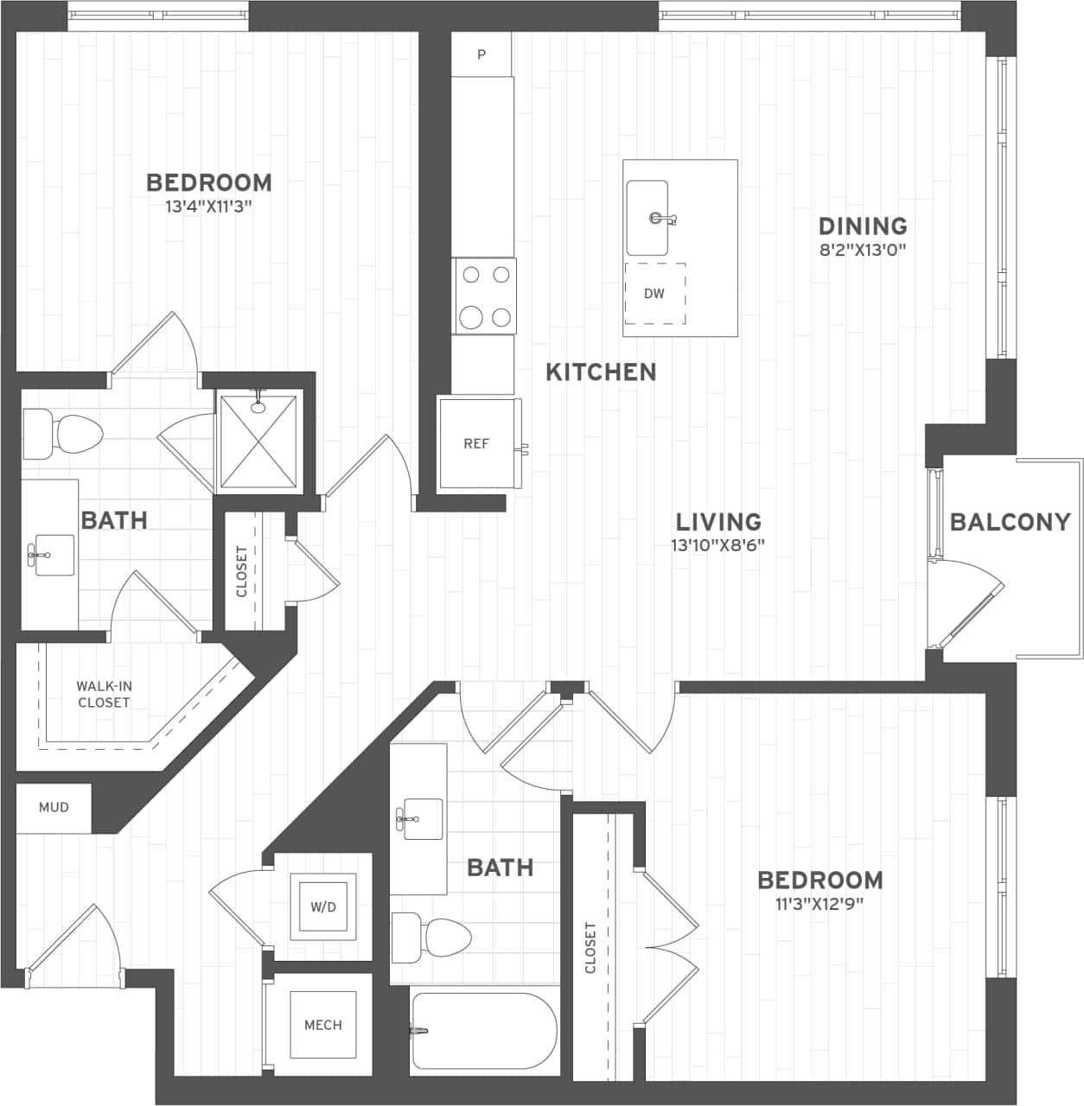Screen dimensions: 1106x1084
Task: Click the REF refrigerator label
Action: point(476,444)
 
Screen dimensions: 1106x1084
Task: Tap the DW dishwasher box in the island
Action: point(654,294)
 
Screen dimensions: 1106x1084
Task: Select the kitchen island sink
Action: point(647,218)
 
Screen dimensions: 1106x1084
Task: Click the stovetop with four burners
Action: point(485,296)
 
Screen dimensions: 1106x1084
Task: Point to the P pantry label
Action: point(481,55)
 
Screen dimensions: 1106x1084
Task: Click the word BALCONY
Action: point(1010,522)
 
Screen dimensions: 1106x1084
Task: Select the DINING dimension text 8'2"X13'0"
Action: point(863,251)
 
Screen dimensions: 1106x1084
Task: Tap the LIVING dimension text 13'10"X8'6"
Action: point(717,545)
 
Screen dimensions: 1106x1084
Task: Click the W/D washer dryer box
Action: point(323,907)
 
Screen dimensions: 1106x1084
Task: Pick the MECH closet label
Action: point(322,1025)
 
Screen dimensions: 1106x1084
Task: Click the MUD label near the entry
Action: point(54,807)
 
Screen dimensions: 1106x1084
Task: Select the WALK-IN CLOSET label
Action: point(104,695)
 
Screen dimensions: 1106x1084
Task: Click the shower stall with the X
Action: point(259,442)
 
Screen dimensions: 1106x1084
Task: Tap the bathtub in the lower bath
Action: point(483,1031)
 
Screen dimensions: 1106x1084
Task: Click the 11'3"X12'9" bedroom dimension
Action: point(819,905)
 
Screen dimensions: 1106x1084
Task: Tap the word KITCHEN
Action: point(601,372)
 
